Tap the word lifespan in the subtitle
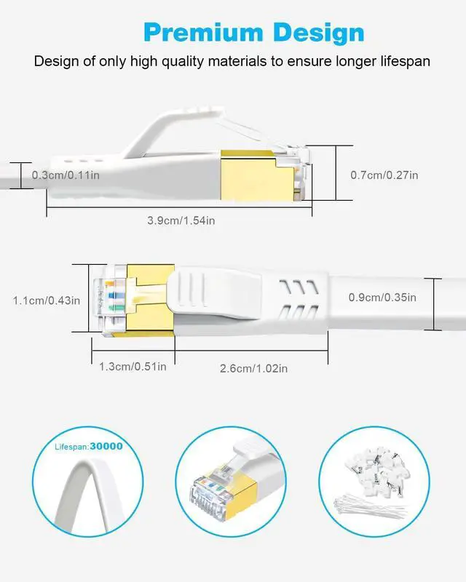(400, 61)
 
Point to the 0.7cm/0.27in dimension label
(384, 175)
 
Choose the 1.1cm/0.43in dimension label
(46, 299)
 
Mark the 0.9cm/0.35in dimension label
(383, 297)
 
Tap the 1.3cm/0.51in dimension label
(133, 366)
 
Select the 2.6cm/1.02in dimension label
(253, 368)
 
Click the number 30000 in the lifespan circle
(106, 446)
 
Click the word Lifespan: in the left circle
(71, 446)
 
